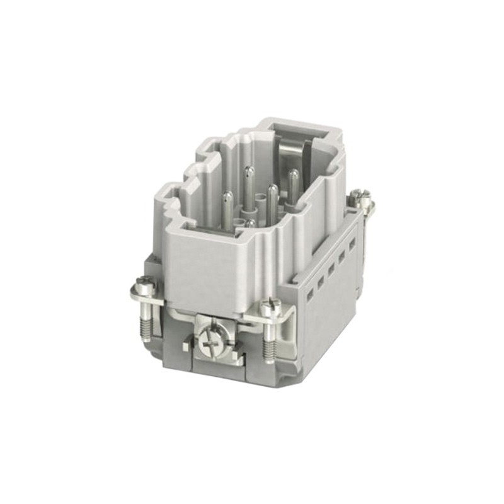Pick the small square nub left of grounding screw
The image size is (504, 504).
tap(185, 346)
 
